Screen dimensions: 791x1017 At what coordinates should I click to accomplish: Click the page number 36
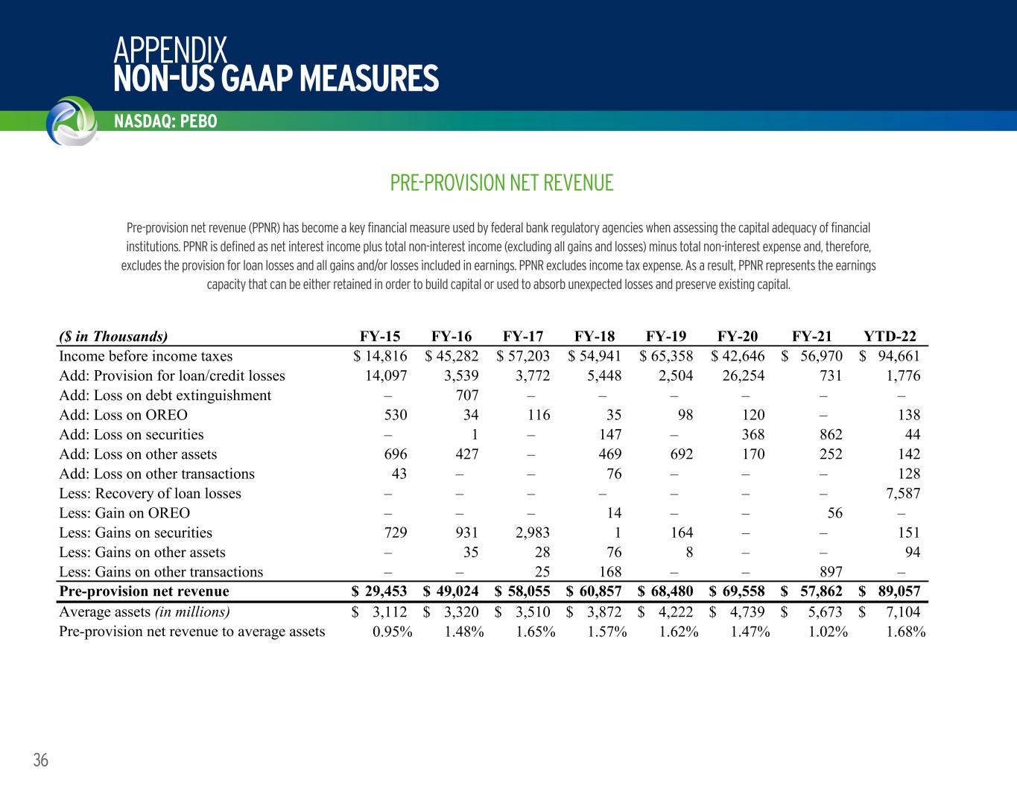point(40,760)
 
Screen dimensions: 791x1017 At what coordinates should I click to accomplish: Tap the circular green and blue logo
point(71,121)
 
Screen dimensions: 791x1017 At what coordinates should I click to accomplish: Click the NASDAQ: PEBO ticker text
point(165,121)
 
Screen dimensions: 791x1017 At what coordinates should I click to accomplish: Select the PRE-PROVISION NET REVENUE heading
point(501,182)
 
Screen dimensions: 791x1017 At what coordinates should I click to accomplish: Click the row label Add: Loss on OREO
point(123,415)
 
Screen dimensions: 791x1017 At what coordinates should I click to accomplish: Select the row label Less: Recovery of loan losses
point(150,493)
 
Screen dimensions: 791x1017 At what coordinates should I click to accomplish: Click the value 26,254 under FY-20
point(738,375)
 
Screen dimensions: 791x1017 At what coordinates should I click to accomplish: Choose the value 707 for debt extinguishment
point(466,395)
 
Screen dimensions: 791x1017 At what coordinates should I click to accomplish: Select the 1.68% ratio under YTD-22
point(906,632)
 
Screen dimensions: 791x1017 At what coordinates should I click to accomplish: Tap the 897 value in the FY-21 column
point(830,572)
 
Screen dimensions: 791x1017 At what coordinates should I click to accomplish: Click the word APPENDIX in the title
point(170,51)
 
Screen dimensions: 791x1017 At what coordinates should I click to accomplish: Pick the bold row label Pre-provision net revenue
point(144,591)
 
